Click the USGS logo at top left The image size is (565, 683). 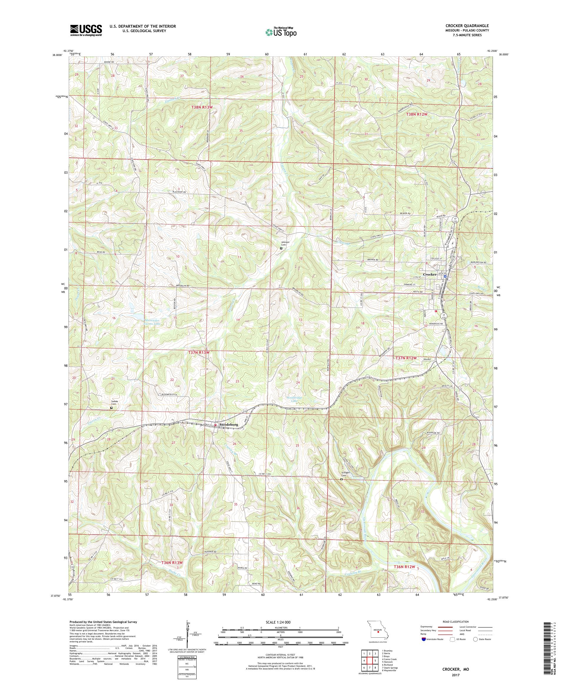pyautogui.click(x=86, y=31)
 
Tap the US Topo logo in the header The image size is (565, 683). pyautogui.click(x=281, y=32)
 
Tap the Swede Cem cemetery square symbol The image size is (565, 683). pyautogui.click(x=111, y=407)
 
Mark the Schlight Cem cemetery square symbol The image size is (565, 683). pyautogui.click(x=341, y=479)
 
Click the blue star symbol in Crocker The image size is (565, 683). pyautogui.click(x=441, y=277)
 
